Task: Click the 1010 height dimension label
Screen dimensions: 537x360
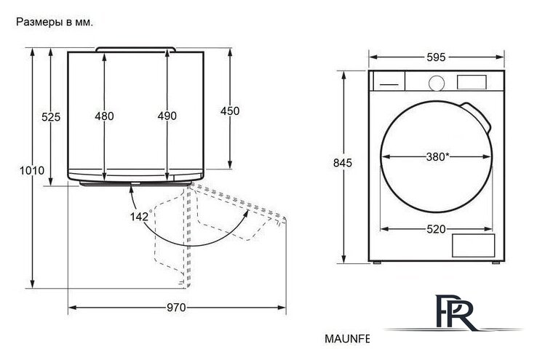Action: coord(32,170)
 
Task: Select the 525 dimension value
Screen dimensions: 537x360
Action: coord(51,117)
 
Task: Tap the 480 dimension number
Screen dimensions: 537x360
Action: coord(105,116)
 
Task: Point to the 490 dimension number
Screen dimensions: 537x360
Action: coord(167,116)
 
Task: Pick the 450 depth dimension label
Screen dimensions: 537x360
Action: coord(230,111)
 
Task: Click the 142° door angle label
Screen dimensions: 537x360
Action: coord(140,215)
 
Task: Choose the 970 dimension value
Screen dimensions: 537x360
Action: coord(176,308)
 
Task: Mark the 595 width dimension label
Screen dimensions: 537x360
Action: coord(436,57)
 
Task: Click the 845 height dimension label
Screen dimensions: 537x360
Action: coord(343,163)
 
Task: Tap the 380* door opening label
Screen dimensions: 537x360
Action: coord(438,157)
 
